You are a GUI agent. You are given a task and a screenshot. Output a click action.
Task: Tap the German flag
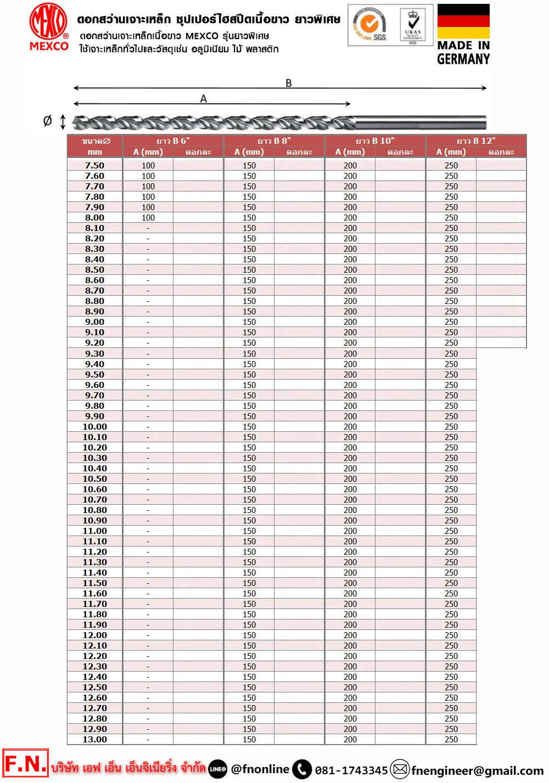click(x=463, y=21)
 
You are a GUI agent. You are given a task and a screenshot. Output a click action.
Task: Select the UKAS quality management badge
click(x=413, y=25)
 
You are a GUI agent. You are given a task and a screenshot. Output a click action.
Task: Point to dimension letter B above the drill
click(x=289, y=83)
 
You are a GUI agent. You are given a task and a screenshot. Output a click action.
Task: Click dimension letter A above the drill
click(x=204, y=99)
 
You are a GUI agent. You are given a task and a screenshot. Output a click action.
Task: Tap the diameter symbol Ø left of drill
click(x=48, y=121)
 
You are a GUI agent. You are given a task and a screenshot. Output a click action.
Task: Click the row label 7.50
click(x=94, y=165)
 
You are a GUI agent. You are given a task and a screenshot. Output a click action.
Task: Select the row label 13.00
click(x=94, y=739)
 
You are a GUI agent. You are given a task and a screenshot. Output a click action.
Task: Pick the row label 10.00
click(x=94, y=426)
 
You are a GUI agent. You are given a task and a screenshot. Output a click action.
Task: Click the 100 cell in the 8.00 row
click(x=148, y=217)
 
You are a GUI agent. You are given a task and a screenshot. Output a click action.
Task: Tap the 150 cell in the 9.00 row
click(x=249, y=322)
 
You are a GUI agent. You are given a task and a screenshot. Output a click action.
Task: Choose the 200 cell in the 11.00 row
click(x=350, y=531)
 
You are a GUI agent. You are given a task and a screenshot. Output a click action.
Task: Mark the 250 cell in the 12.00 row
click(x=451, y=635)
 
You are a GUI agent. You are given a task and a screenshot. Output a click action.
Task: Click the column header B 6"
click(x=173, y=141)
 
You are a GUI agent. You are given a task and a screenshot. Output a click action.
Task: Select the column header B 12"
click(x=476, y=141)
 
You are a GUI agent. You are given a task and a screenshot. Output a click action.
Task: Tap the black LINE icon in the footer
click(x=218, y=769)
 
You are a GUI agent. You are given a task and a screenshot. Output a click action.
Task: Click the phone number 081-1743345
click(x=351, y=770)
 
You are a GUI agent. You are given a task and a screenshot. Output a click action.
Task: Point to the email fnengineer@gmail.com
click(x=477, y=770)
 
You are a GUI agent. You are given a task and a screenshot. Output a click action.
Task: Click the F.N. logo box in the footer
click(x=25, y=764)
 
